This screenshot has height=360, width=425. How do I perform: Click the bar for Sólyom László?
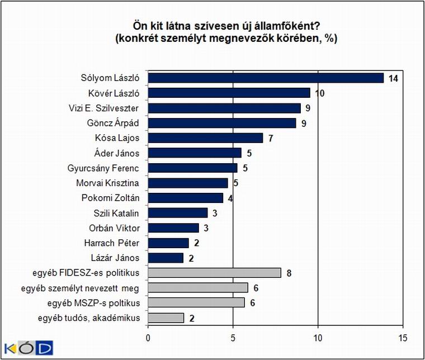pyautogui.click(x=266, y=78)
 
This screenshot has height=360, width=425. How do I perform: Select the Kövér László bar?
pyautogui.click(x=229, y=93)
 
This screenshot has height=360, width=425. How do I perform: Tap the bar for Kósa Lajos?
pyautogui.click(x=205, y=138)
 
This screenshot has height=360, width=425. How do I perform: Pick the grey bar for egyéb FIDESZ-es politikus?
pyautogui.click(x=215, y=272)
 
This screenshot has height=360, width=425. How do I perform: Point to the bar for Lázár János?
pyautogui.click(x=166, y=258)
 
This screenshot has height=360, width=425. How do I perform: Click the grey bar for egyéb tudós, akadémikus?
pyautogui.click(x=166, y=318)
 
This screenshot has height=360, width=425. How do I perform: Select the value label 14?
pyautogui.click(x=393, y=79)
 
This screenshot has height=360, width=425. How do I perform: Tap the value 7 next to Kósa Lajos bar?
pyautogui.click(x=271, y=139)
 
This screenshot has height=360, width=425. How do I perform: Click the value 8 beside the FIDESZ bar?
pyautogui.click(x=289, y=273)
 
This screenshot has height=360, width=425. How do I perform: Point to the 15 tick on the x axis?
pyautogui.click(x=403, y=338)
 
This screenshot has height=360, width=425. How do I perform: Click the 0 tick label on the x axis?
pyautogui.click(x=148, y=338)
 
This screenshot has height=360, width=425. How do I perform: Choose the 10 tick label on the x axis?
pyautogui.click(x=318, y=338)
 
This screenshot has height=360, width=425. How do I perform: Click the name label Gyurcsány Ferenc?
pyautogui.click(x=103, y=168)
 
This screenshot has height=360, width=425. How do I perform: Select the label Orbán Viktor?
pyautogui.click(x=114, y=228)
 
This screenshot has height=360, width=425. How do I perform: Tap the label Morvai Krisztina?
pyautogui.click(x=107, y=183)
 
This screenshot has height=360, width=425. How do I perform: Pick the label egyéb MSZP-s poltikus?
pyautogui.click(x=93, y=303)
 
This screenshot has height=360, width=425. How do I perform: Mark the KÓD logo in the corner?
pyautogui.click(x=29, y=348)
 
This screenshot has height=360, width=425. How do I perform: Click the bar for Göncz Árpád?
pyautogui.click(x=222, y=123)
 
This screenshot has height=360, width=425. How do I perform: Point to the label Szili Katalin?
pyautogui.click(x=116, y=213)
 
